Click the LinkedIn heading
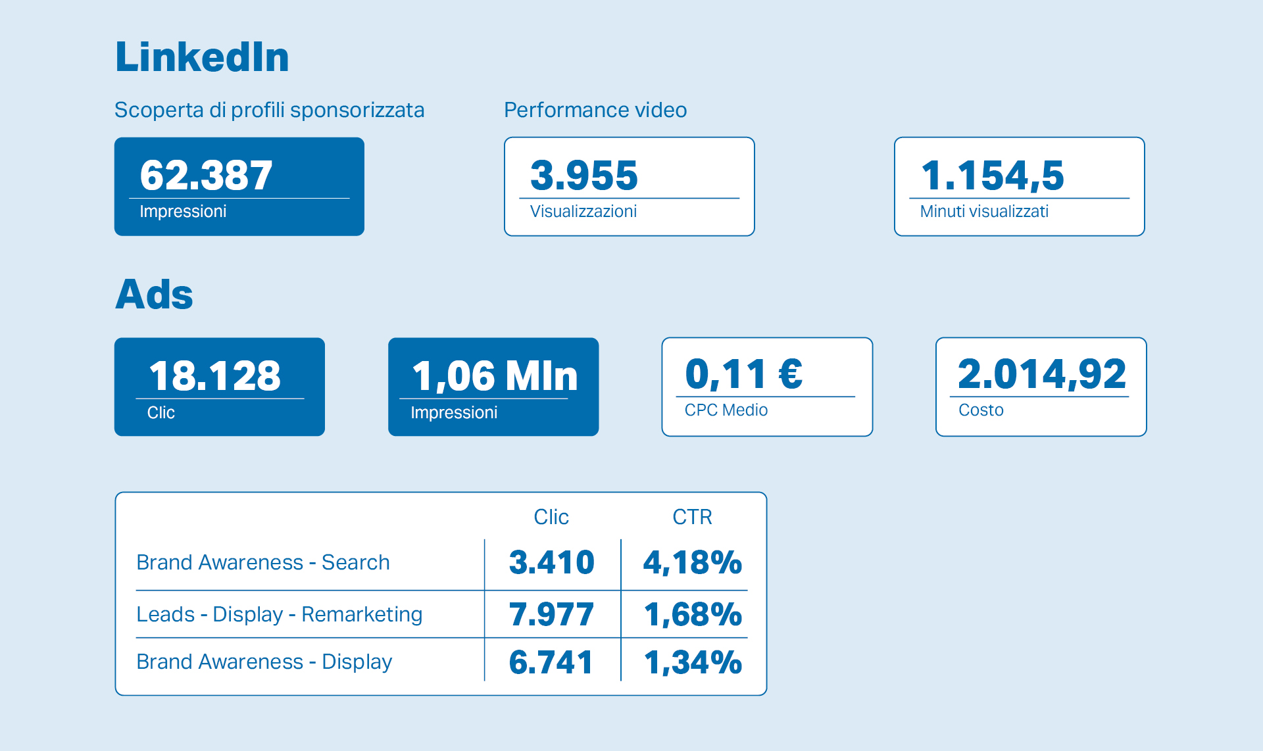[202, 57]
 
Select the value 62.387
[206, 176]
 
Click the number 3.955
[584, 176]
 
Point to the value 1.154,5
[992, 176]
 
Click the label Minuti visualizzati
[984, 212]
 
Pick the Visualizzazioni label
[583, 212]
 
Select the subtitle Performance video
[595, 110]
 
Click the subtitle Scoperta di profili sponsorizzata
[269, 110]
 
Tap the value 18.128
[215, 376]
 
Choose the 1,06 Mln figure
[495, 376]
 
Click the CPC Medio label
[726, 410]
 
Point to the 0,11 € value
[744, 374]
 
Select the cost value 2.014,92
[1042, 374]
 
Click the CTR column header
[692, 517]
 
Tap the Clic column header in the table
[551, 517]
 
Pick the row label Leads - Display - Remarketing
[280, 614]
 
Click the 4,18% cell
[692, 563]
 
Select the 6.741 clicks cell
[551, 662]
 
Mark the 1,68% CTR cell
[693, 615]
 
